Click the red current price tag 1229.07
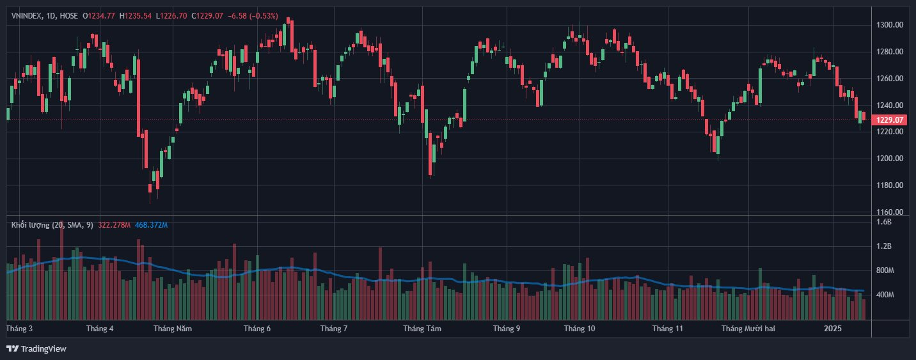(x=889, y=120)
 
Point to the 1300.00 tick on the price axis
(x=890, y=25)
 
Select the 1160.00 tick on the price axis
(x=890, y=212)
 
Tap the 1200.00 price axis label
(x=890, y=159)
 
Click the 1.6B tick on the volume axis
(x=883, y=222)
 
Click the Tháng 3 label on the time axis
(x=19, y=329)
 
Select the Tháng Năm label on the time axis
(x=173, y=329)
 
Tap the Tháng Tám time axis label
(x=423, y=329)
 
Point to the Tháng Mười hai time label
(x=748, y=329)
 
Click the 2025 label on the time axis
(x=833, y=329)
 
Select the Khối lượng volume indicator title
(x=30, y=225)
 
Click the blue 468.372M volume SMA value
(x=152, y=225)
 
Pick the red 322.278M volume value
(x=115, y=225)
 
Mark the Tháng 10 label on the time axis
(x=580, y=329)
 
